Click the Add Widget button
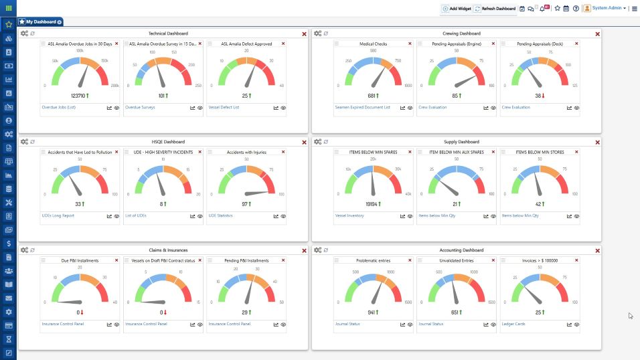[457, 9]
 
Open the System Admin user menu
[605, 9]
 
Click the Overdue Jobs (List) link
[58, 107]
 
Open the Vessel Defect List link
[224, 107]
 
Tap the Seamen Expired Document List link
[362, 107]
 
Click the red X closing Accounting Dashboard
[598, 250]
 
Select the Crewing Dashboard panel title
[461, 33]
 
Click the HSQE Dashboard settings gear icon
[24, 142]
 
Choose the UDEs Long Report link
[57, 215]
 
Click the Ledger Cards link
[513, 324]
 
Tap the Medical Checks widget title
[374, 44]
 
